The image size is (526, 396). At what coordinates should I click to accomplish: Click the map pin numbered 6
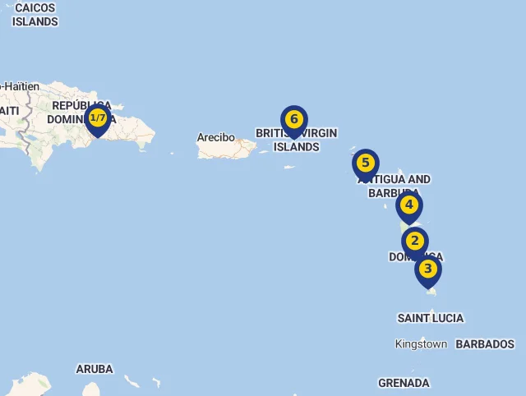coord(293,120)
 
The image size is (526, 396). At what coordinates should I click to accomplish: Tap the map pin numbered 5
coord(366,163)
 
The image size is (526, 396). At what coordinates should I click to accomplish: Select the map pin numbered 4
coord(408,205)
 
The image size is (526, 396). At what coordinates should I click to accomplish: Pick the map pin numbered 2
coord(414,242)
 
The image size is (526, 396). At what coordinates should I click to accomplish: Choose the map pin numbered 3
coord(427,269)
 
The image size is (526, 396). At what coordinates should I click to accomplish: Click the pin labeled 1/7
coord(98,119)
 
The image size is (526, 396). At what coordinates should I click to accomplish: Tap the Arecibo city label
coord(215,137)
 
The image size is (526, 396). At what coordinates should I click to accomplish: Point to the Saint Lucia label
coord(431,318)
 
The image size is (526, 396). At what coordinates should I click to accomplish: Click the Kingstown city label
coord(421,344)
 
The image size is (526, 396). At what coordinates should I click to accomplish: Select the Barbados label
coord(485,344)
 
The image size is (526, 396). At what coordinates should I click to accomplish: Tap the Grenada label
coord(404,383)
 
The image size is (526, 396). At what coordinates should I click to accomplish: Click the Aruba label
coord(95,369)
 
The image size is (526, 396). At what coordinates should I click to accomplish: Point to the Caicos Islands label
coord(35,15)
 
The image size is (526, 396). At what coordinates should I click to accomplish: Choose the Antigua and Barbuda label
coord(394,186)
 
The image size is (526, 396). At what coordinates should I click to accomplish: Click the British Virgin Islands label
coord(296,140)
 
